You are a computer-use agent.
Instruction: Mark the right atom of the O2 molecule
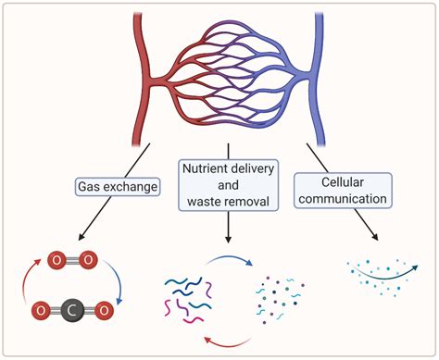click(x=88, y=262)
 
